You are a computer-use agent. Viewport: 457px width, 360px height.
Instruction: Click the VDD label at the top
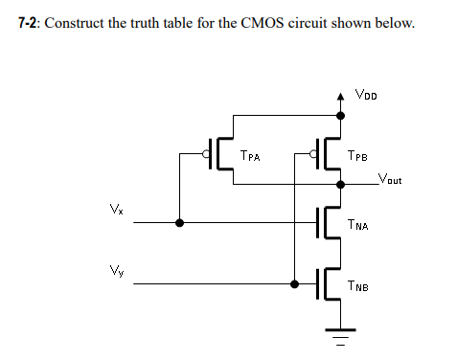pyautogui.click(x=366, y=94)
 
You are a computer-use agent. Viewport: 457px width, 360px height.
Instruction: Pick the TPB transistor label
pyautogui.click(x=359, y=154)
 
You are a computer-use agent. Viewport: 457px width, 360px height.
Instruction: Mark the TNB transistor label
pyautogui.click(x=359, y=285)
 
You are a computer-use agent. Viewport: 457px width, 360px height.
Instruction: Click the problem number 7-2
pyautogui.click(x=29, y=22)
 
